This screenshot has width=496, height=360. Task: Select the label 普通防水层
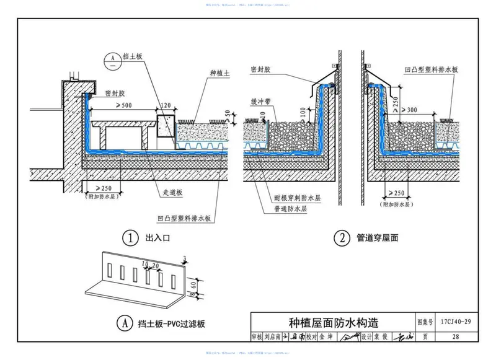pos(293,209)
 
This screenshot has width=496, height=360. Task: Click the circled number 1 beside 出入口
pos(130,238)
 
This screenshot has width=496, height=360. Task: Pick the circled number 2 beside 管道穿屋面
pos(341,238)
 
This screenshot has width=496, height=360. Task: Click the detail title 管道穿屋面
pos(379,238)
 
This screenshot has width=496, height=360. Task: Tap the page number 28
pos(456,337)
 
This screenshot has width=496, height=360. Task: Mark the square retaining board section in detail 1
pos(166,125)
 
